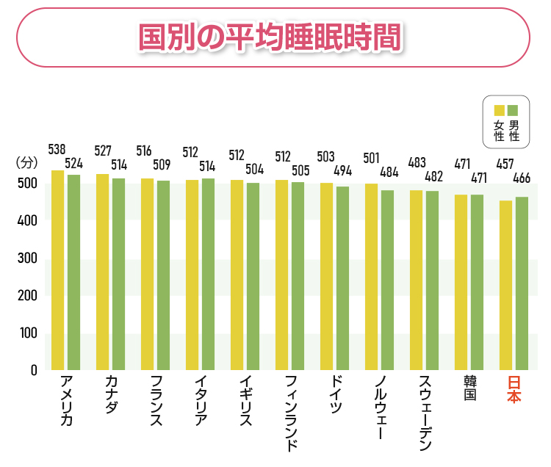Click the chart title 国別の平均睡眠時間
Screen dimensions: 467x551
tap(272, 37)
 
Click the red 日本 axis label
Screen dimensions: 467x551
tap(514, 388)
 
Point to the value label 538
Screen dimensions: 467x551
tap(57, 150)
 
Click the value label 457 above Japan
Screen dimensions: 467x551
tap(505, 164)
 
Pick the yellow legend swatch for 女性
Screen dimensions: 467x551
tap(499, 110)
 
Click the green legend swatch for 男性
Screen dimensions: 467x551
tap(513, 110)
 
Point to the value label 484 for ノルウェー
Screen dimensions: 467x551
tap(389, 173)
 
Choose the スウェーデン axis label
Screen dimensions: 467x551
tap(424, 411)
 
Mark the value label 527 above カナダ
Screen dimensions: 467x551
tap(103, 151)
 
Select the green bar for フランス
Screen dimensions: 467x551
tap(163, 275)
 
